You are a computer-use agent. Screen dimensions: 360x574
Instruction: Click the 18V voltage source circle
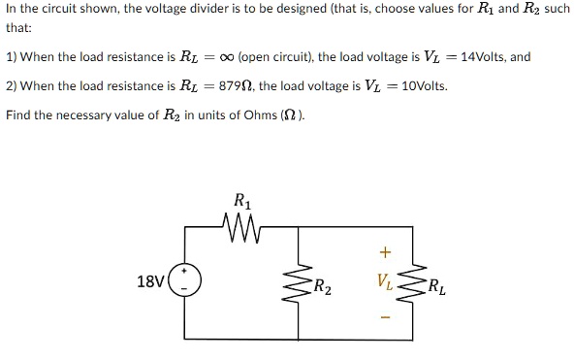coord(184,282)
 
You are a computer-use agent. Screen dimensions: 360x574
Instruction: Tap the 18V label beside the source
coord(150,282)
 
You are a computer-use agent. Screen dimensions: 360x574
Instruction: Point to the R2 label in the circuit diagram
coord(323,286)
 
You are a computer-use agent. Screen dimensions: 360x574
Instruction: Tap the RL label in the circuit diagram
coord(438,286)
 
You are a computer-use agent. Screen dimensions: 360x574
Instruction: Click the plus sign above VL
coord(384,253)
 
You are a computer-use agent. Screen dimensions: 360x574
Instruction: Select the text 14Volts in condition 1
coord(481,57)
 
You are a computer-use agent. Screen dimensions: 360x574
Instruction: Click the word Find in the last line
coord(19,115)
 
